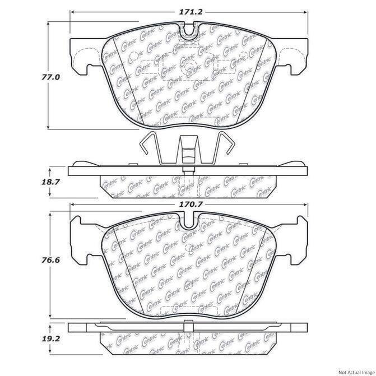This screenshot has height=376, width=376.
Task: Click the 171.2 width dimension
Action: (x=191, y=12)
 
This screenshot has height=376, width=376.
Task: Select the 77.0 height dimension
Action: (x=50, y=77)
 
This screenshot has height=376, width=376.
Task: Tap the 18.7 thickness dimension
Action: (x=50, y=182)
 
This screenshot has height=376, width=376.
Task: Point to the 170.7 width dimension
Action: (x=191, y=205)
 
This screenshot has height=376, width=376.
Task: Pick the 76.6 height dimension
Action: (x=50, y=260)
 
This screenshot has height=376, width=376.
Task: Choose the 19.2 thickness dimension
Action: (x=50, y=338)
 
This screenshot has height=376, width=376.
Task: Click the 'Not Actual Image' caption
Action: (x=356, y=373)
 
